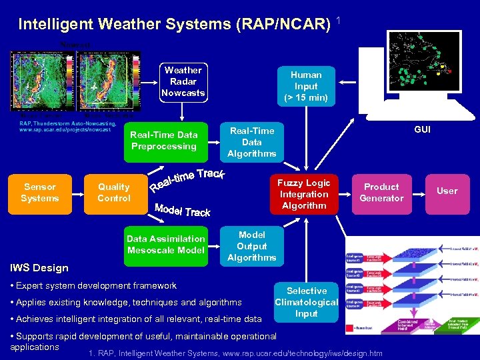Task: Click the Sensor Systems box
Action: pos(40,193)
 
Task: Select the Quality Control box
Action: pos(113,193)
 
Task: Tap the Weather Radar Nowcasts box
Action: pos(183,81)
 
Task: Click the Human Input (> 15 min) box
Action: pos(306,86)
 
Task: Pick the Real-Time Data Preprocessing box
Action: pos(164,141)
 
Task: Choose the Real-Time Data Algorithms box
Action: pos(251,142)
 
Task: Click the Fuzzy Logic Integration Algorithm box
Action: pos(303,194)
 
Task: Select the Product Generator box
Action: pos(381,193)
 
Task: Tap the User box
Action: pos(447,191)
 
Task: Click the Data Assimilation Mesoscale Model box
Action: pos(166,245)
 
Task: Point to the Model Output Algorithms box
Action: pos(251,246)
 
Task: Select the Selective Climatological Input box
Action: pos(306,302)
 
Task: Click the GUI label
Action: pos(422,129)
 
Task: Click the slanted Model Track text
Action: pos(182,209)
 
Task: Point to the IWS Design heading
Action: pos(39,268)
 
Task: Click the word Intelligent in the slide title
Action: pos(55,25)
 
